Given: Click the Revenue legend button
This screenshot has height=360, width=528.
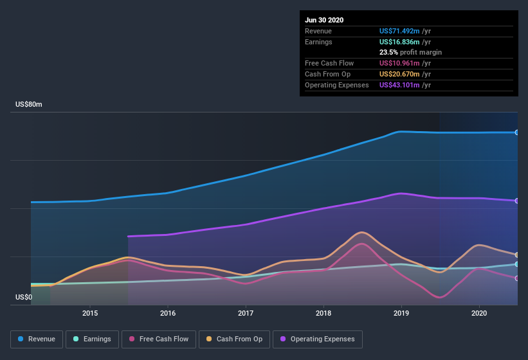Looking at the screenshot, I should (37, 339).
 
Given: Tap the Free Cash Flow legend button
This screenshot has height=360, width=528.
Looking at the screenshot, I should (159, 339).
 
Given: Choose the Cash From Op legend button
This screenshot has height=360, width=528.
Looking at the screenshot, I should (234, 339).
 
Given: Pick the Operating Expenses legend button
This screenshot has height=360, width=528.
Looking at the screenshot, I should (317, 339).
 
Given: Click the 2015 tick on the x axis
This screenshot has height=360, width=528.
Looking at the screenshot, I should (90, 313).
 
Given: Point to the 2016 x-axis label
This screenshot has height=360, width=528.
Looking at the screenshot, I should (168, 313).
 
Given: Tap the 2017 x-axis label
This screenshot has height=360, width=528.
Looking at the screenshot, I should (246, 313).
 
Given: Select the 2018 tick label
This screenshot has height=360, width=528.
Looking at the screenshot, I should (323, 313).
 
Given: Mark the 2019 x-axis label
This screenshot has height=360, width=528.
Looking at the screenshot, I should (401, 313).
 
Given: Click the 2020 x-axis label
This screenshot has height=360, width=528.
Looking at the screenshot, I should (479, 313).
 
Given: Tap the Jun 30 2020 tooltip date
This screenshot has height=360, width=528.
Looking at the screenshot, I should (324, 20).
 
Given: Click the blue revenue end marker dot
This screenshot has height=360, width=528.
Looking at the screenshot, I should (517, 132).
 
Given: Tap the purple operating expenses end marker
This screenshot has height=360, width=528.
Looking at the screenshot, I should (517, 201).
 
